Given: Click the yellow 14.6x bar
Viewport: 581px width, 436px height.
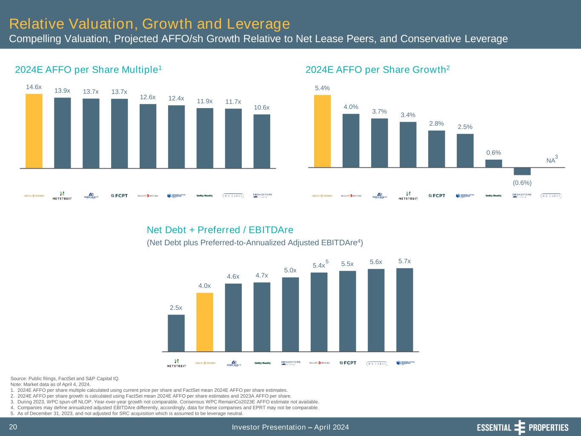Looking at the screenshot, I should [34, 131].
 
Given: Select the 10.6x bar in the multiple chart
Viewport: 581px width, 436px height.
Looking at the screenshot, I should [262, 141].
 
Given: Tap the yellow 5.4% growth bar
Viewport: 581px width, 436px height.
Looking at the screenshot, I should [322, 131].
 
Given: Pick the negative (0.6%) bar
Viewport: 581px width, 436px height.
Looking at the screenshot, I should [522, 171].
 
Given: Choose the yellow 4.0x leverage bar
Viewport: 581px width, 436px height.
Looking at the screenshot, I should [205, 322].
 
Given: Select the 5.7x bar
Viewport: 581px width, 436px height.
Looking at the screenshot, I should [404, 310].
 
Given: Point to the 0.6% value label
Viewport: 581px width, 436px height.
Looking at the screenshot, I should [493, 152].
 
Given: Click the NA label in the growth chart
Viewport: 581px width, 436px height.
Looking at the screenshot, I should [551, 161].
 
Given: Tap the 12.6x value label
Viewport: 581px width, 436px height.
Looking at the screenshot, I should [148, 97].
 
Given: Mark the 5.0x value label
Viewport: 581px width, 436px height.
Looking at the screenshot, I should [290, 270].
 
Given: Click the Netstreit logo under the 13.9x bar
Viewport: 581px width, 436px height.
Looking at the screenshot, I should [62, 196].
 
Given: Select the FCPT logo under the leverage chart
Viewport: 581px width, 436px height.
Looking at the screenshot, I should [348, 363].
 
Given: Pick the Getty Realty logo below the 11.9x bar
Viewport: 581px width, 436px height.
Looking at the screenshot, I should [205, 196].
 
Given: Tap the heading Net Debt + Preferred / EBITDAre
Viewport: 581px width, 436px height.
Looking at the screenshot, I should [220, 230].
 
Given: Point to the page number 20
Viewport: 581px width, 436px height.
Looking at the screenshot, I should [13, 427].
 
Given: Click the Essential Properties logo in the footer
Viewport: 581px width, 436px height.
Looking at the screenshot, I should [522, 427].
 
